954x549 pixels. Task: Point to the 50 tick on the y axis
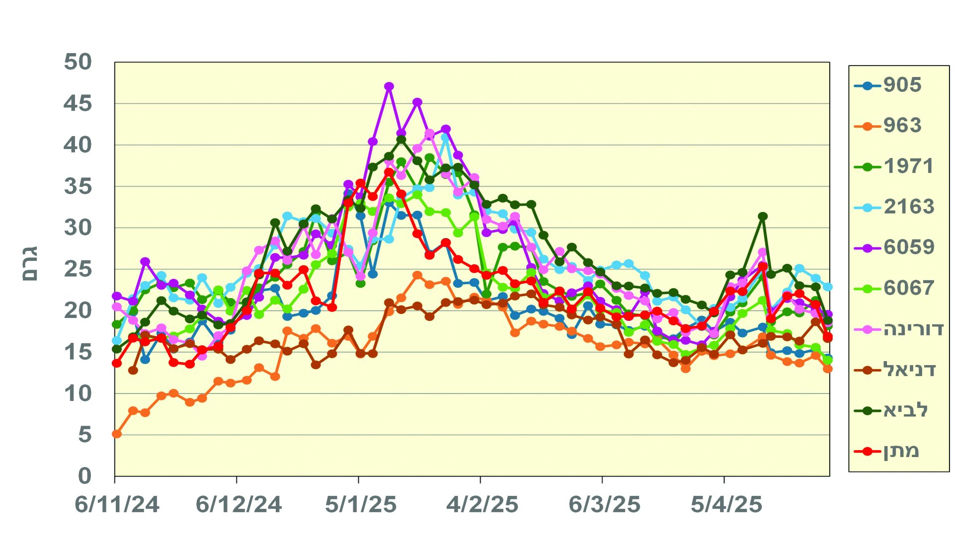tap(78, 63)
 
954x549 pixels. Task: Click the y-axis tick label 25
tap(78, 269)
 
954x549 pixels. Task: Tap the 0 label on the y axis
tap(85, 476)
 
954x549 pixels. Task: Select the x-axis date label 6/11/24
tap(117, 505)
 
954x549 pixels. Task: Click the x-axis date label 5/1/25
tap(361, 505)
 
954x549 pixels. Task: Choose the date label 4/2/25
tap(482, 505)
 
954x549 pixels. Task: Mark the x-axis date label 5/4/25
tap(726, 505)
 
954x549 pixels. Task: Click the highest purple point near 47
tap(389, 86)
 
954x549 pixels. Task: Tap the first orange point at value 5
tap(117, 434)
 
